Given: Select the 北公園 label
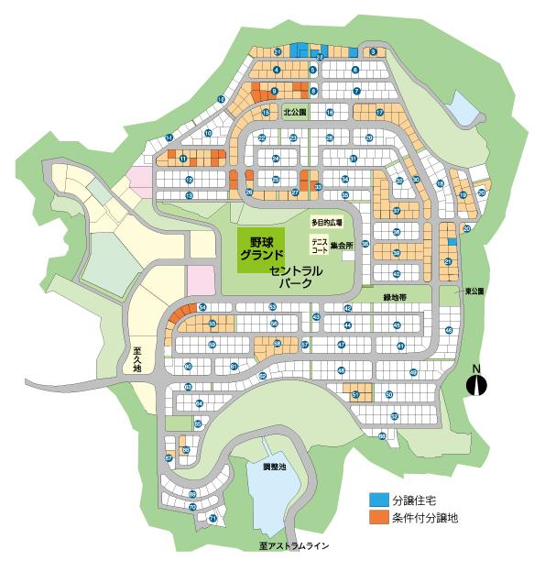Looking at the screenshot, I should tap(295, 113).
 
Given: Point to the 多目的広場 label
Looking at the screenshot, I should tap(326, 223).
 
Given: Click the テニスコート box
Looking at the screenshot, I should tap(320, 244).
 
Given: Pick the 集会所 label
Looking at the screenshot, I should tap(343, 245).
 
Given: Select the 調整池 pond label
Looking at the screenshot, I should tap(275, 467).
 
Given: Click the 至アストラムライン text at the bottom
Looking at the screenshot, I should tap(293, 546).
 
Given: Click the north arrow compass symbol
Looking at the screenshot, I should tap(476, 382).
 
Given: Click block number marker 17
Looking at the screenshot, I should tap(379, 112).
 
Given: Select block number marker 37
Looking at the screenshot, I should tap(397, 211).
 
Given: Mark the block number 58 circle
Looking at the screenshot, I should tap(278, 343).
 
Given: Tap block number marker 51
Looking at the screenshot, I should tap(355, 394).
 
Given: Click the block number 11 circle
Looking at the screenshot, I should tap(183, 159).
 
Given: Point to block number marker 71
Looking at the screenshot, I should tap(213, 519).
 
